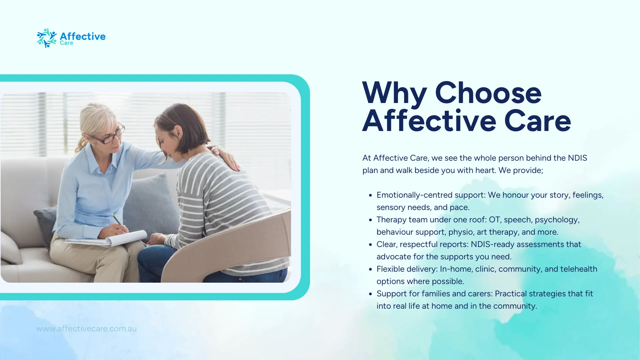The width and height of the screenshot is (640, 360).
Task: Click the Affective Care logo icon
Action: click(47, 38)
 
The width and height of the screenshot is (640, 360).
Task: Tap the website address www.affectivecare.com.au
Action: click(86, 329)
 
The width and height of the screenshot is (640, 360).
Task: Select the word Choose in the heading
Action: click(488, 93)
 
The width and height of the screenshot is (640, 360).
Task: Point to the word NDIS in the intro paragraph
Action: click(578, 158)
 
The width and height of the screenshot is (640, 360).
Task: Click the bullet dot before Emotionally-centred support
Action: click(370, 195)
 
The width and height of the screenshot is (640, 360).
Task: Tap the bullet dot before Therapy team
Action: click(370, 220)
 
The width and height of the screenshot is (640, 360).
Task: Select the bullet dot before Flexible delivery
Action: click(370, 269)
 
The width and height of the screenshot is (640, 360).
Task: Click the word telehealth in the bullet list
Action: click(579, 269)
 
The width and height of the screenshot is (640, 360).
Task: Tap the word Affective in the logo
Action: click(83, 36)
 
